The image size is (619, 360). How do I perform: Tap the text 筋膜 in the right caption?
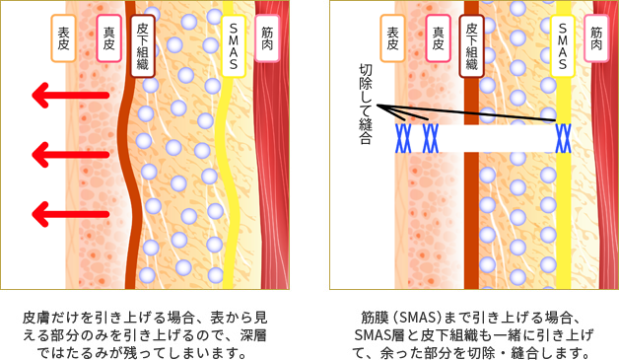click(375, 318)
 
